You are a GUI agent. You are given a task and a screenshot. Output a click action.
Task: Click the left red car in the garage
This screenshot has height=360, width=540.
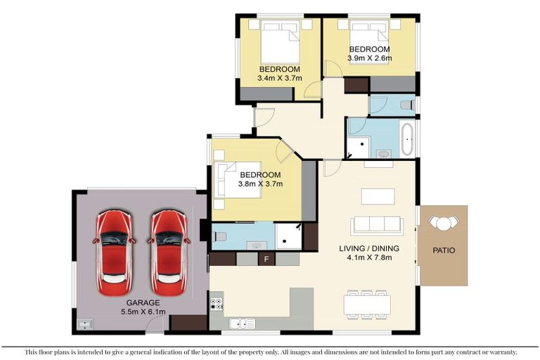click(x=114, y=252)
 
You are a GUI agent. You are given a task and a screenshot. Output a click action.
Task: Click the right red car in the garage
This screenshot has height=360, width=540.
click(x=169, y=252)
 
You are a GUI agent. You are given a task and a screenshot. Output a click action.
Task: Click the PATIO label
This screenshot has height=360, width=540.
click(x=444, y=250)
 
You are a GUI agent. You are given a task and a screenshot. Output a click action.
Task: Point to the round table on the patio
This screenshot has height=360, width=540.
click(x=443, y=223)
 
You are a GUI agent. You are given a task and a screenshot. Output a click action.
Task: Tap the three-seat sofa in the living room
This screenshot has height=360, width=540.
click(x=377, y=224)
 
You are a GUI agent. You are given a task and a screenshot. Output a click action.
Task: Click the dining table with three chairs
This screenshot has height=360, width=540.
click(x=367, y=303)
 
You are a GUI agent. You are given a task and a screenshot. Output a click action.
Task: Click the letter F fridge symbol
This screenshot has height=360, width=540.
click(x=266, y=259)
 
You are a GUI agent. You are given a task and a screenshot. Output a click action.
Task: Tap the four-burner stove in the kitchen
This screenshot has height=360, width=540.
click(x=217, y=305)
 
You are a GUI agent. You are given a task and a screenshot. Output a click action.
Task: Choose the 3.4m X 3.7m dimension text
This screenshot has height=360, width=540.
click(x=280, y=78)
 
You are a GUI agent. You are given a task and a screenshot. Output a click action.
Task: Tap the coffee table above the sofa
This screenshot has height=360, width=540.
click(x=378, y=196)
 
